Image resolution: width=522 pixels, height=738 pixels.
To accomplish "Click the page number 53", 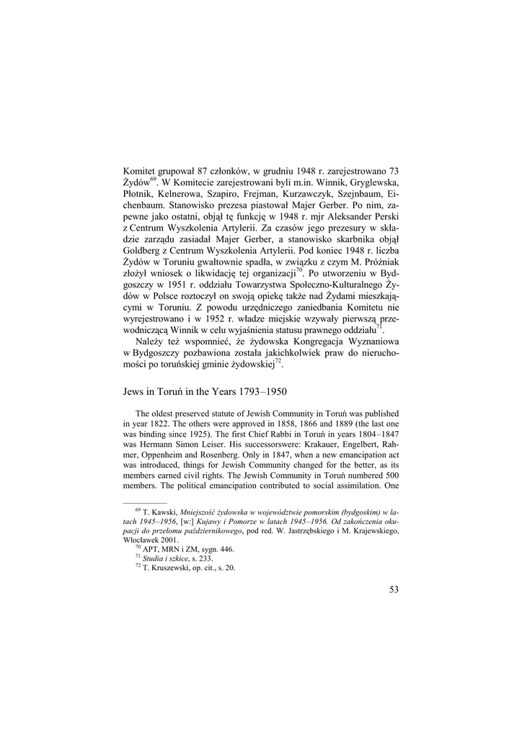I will [394, 590].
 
